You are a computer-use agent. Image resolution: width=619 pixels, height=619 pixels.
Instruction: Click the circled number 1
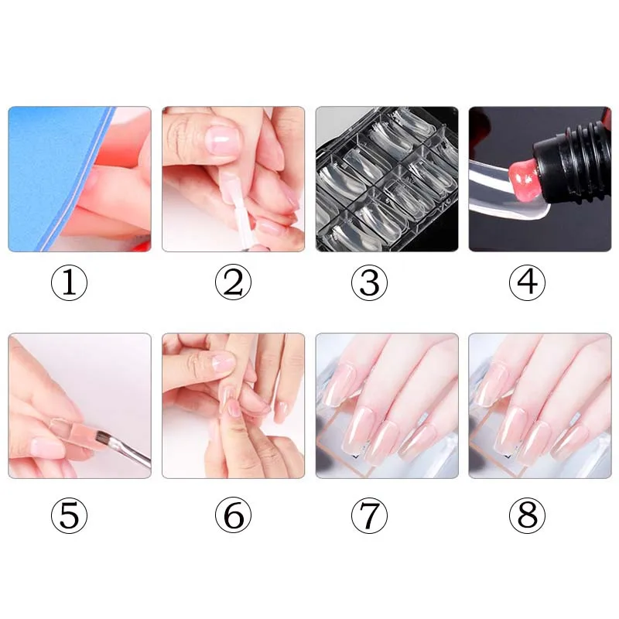69,282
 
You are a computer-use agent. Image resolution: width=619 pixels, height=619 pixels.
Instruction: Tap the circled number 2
233,282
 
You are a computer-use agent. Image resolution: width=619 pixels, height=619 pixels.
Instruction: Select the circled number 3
370,282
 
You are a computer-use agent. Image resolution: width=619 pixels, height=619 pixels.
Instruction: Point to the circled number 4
527,282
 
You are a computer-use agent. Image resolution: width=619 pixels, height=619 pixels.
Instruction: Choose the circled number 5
69,515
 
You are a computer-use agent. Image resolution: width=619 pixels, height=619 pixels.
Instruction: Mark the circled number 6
233,515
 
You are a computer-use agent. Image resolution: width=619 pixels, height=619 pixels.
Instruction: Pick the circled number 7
370,515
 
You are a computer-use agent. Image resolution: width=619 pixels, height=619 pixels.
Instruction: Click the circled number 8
527,515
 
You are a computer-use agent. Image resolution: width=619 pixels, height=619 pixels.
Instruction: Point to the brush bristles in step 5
104,438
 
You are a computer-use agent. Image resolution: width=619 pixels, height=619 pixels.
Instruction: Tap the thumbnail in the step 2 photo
223,141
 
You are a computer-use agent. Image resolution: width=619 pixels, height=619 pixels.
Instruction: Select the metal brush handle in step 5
131,453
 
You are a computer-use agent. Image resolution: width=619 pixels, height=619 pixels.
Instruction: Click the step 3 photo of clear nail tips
387,179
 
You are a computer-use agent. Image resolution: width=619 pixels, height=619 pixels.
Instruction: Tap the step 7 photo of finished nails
387,405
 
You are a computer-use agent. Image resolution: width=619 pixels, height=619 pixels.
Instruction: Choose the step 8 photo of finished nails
540,405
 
